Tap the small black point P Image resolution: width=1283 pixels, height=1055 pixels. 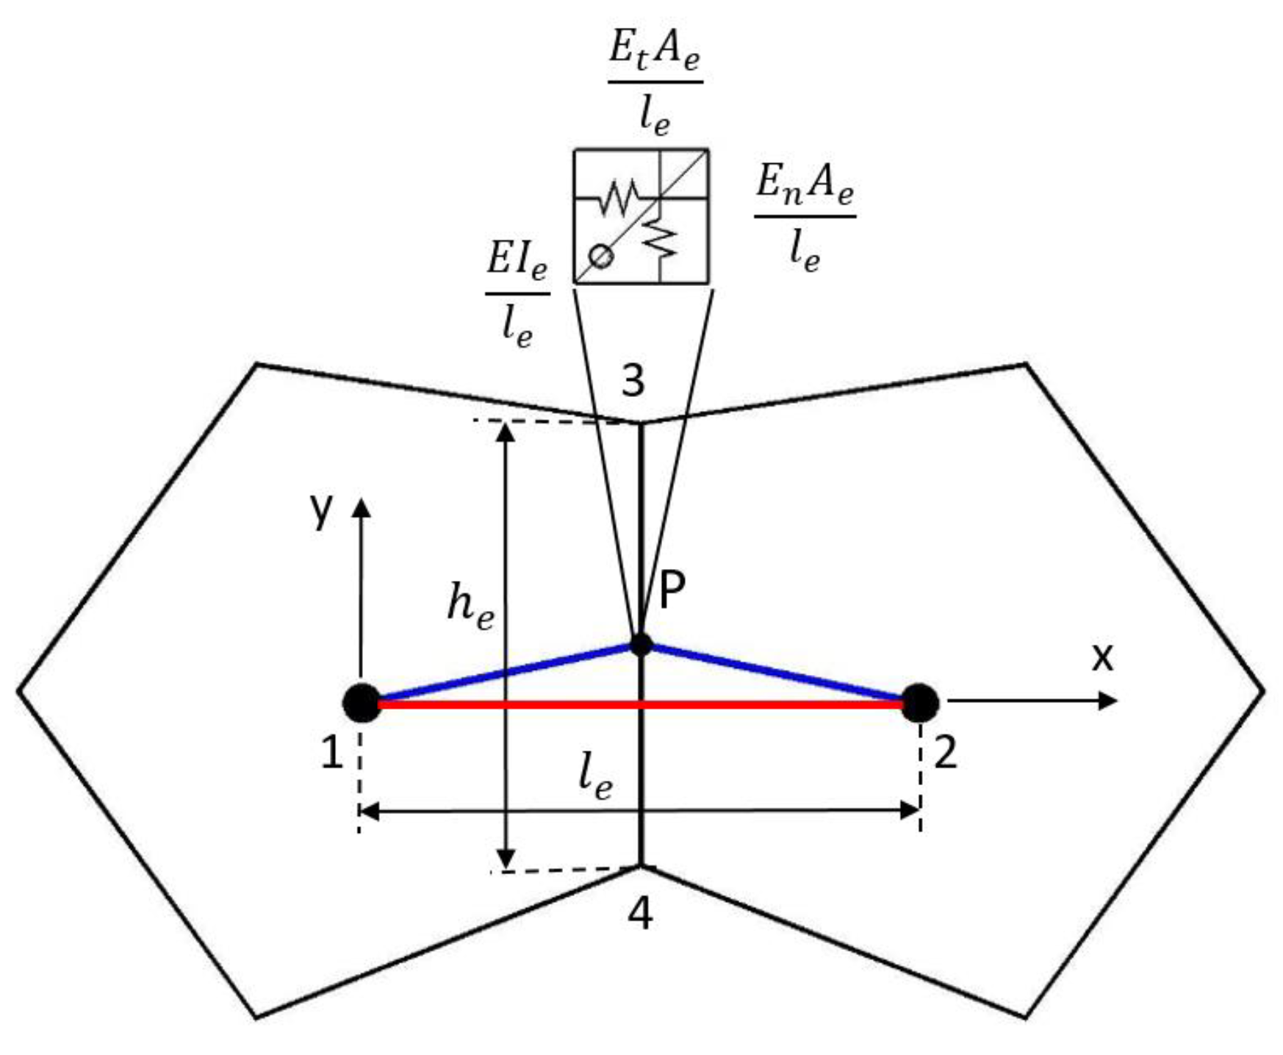[x=641, y=645]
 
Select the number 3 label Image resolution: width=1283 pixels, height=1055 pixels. [x=633, y=381]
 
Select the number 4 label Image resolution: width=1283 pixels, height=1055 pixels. [x=640, y=915]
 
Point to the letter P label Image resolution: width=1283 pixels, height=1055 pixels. [x=672, y=590]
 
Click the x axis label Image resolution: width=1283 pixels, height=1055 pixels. [x=1102, y=657]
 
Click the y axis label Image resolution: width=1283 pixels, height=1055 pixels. [x=321, y=509]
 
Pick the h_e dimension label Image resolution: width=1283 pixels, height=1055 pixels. [x=470, y=609]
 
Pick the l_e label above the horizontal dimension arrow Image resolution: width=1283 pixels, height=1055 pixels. [x=594, y=778]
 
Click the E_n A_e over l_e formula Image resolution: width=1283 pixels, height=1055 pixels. [x=805, y=217]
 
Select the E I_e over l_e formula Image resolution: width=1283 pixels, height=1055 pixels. [x=517, y=294]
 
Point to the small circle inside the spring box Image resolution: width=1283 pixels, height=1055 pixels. [x=601, y=257]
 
